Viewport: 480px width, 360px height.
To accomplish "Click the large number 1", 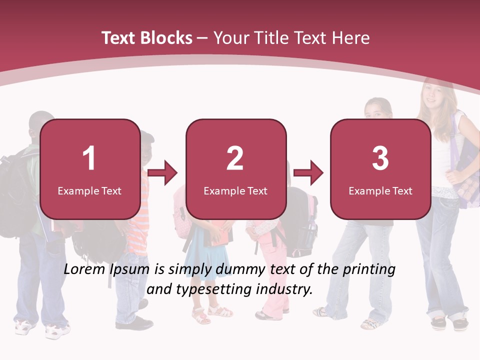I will (x=89, y=158).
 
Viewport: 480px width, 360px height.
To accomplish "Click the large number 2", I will (x=235, y=158).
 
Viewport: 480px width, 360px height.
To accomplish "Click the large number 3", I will (x=380, y=158).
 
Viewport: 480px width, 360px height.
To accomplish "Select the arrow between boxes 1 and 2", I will (x=163, y=173).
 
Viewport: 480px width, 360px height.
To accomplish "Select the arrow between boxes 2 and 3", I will (x=308, y=173).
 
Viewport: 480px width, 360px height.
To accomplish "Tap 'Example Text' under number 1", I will (x=89, y=190).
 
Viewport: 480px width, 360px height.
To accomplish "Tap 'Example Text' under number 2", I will (x=235, y=190).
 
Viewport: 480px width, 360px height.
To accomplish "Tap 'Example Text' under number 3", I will (x=380, y=190).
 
